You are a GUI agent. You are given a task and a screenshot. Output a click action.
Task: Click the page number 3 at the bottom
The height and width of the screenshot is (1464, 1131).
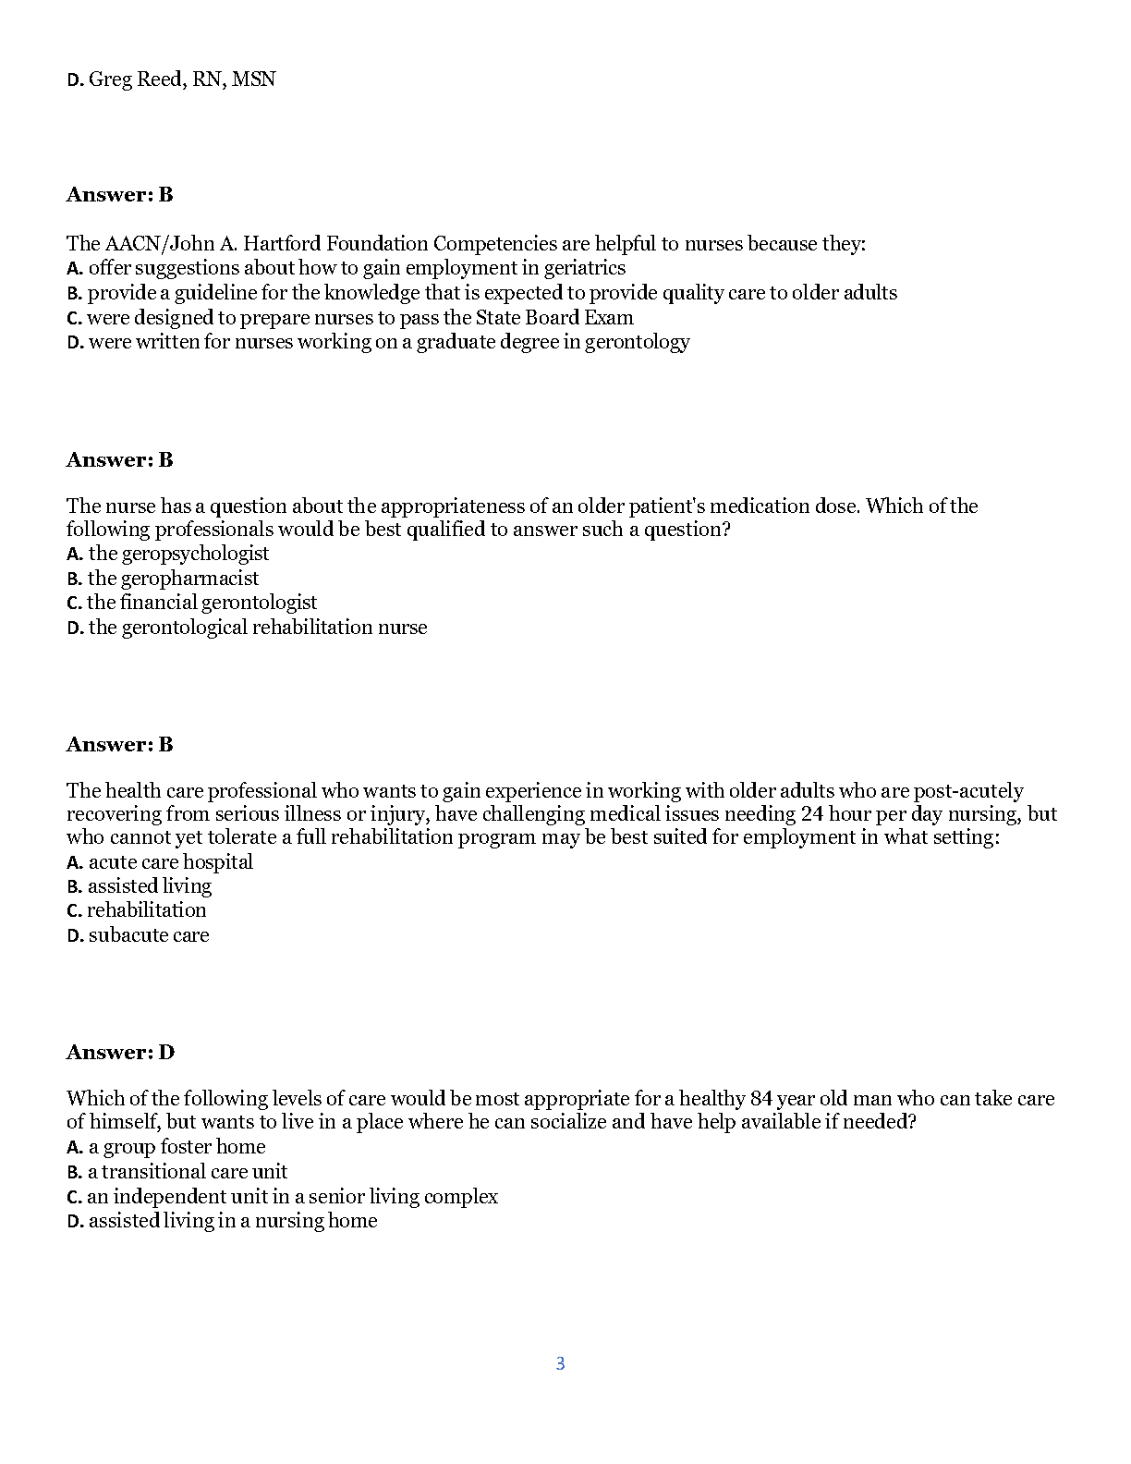[560, 1363]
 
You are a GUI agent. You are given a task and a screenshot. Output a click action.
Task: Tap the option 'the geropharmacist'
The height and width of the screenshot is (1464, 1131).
[173, 579]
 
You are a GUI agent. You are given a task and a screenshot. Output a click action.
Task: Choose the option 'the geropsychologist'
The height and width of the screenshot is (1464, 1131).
[178, 554]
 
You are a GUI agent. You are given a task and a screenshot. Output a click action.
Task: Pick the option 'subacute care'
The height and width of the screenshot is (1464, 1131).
[149, 935]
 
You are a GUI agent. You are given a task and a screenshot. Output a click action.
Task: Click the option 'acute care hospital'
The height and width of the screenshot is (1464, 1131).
[170, 862]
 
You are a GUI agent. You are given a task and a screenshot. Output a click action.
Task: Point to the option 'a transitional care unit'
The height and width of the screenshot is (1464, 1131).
[187, 1172]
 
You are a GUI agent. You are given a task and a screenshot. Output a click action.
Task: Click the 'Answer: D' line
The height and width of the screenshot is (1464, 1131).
[120, 1053]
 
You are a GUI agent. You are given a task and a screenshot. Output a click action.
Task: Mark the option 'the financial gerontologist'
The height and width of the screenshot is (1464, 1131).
[201, 603]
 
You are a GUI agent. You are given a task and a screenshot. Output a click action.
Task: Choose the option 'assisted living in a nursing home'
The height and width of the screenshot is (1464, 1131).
[232, 1221]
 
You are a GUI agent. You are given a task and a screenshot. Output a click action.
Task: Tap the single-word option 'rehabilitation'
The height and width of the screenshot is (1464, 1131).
[147, 910]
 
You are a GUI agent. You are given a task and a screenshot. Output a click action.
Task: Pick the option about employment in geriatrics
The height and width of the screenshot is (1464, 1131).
[357, 268]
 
